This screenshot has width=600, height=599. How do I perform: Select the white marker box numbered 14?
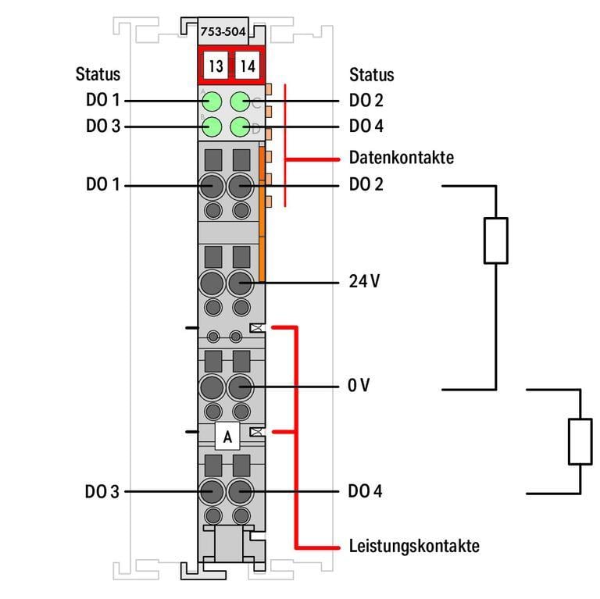click(x=247, y=66)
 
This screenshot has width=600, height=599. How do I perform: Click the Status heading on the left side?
click(x=98, y=74)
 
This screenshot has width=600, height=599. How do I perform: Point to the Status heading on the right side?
click(x=371, y=75)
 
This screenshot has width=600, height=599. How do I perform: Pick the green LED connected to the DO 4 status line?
click(x=241, y=126)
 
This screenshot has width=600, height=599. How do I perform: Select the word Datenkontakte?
click(x=401, y=158)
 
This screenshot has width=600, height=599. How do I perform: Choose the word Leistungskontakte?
click(x=413, y=546)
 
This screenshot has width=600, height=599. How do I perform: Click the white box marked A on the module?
click(x=227, y=437)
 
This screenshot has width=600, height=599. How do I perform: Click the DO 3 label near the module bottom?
click(x=102, y=492)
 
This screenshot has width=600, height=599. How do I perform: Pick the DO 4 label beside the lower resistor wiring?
click(x=366, y=492)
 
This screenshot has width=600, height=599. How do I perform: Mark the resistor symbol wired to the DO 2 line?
click(x=496, y=240)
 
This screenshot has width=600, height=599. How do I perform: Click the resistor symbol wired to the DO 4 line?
click(x=580, y=441)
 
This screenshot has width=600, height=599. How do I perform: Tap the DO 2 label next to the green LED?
click(x=366, y=101)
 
